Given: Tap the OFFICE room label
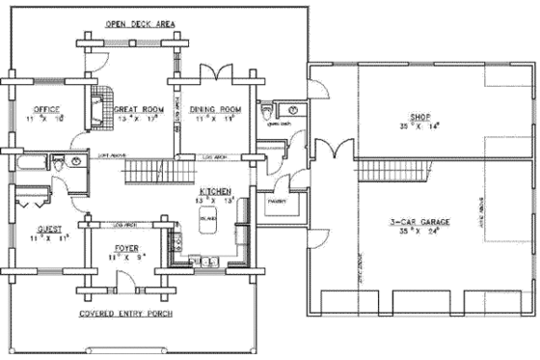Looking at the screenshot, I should coord(46,109).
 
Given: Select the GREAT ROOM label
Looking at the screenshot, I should coord(138,110).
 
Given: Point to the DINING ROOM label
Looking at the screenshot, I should coord(214,110).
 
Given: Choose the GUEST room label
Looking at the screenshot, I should coord(46,230).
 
